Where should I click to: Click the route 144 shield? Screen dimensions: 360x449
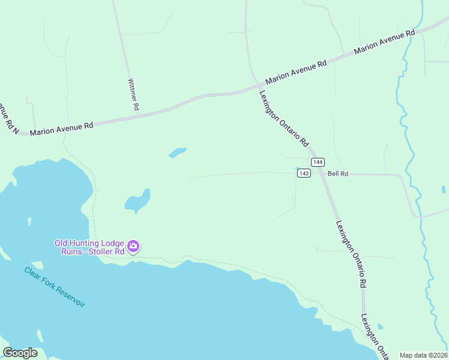click(x=318, y=163)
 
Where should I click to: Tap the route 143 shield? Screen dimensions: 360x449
click(x=304, y=173)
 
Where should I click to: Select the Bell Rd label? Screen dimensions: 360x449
click(x=338, y=174)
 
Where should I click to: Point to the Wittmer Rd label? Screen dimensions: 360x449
click(x=134, y=94)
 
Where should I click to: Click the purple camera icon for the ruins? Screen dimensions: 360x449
click(x=133, y=246)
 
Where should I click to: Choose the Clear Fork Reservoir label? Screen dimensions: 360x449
click(x=55, y=287)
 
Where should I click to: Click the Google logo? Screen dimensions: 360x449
click(x=20, y=353)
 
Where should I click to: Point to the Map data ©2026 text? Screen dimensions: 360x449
click(x=424, y=355)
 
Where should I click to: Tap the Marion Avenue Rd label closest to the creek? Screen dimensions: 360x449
click(x=385, y=42)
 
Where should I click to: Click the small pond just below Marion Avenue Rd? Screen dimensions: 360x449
click(x=178, y=153)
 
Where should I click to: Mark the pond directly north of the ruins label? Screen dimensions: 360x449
click(x=137, y=200)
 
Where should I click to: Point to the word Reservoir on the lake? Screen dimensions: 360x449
click(x=70, y=296)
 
